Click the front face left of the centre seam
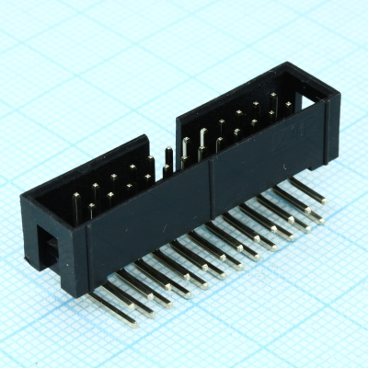pos(156,225)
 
